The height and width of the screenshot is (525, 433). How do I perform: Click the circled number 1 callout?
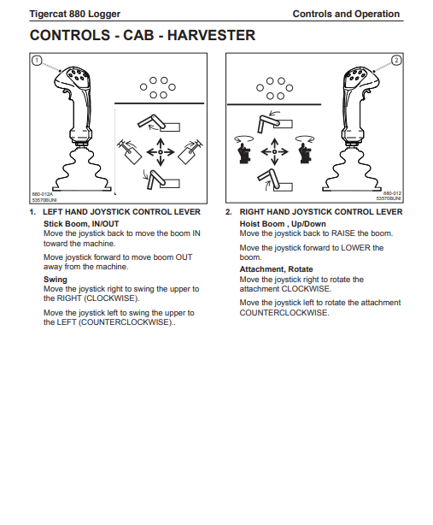click(x=37, y=61)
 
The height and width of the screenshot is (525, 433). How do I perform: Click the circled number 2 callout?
click(x=396, y=60)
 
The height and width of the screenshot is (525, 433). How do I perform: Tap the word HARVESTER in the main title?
click(x=211, y=35)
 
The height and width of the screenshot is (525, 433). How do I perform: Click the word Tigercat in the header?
click(x=48, y=14)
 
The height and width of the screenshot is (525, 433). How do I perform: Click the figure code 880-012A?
click(x=43, y=194)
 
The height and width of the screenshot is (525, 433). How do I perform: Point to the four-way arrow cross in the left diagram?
click(x=161, y=152)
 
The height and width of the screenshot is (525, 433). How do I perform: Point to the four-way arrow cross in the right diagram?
click(x=274, y=152)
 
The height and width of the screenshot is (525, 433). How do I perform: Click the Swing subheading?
click(x=56, y=280)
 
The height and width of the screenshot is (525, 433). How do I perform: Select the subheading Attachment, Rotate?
click(x=276, y=269)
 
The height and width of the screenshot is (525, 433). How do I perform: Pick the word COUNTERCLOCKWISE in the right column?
click(x=284, y=313)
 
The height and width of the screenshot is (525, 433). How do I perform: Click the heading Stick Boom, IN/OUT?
click(x=81, y=224)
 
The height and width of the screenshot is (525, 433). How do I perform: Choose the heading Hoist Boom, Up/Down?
click(x=283, y=224)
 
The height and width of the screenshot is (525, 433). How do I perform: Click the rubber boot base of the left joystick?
click(x=82, y=171)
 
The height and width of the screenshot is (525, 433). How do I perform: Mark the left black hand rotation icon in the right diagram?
click(x=244, y=150)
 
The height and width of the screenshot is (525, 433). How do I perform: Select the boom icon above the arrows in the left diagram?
click(x=159, y=123)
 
